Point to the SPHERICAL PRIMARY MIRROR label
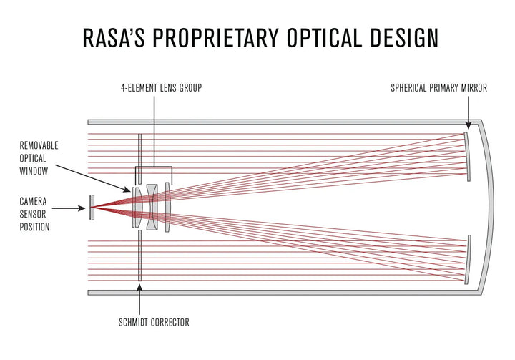click(x=438, y=89)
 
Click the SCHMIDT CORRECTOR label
click(x=154, y=323)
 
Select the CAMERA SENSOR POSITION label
click(x=34, y=215)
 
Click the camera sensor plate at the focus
click(x=91, y=208)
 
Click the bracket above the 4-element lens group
click(x=154, y=169)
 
